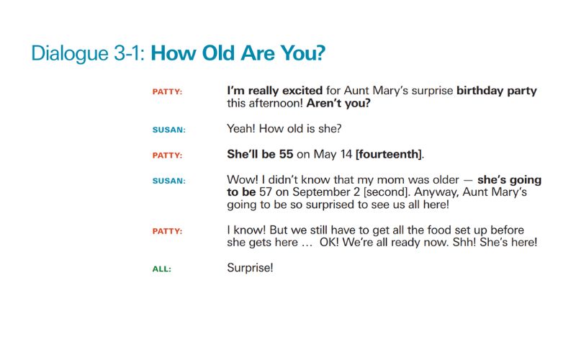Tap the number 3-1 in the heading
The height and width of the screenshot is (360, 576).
[x=125, y=54]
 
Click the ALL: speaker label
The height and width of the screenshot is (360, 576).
[x=161, y=269]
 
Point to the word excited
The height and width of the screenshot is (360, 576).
[x=294, y=91]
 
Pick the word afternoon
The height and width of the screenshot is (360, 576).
[x=276, y=103]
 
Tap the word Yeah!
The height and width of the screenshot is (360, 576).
[x=242, y=129]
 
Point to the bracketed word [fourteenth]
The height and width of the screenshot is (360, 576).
[x=390, y=154]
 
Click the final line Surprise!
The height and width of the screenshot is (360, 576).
[x=250, y=269]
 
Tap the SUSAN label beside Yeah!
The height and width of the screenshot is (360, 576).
[x=168, y=130]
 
